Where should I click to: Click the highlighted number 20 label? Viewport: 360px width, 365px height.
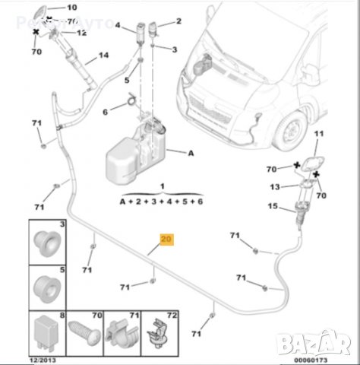click(x=166, y=239)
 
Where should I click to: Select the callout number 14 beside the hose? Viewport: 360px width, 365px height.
click(x=103, y=56)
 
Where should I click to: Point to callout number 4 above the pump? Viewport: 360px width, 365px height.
click(x=118, y=25)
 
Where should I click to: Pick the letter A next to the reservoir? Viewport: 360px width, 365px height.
click(x=191, y=153)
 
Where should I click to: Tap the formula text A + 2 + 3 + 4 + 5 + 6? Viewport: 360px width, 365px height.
click(x=162, y=202)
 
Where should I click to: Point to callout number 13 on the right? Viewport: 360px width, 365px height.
click(x=275, y=186)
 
